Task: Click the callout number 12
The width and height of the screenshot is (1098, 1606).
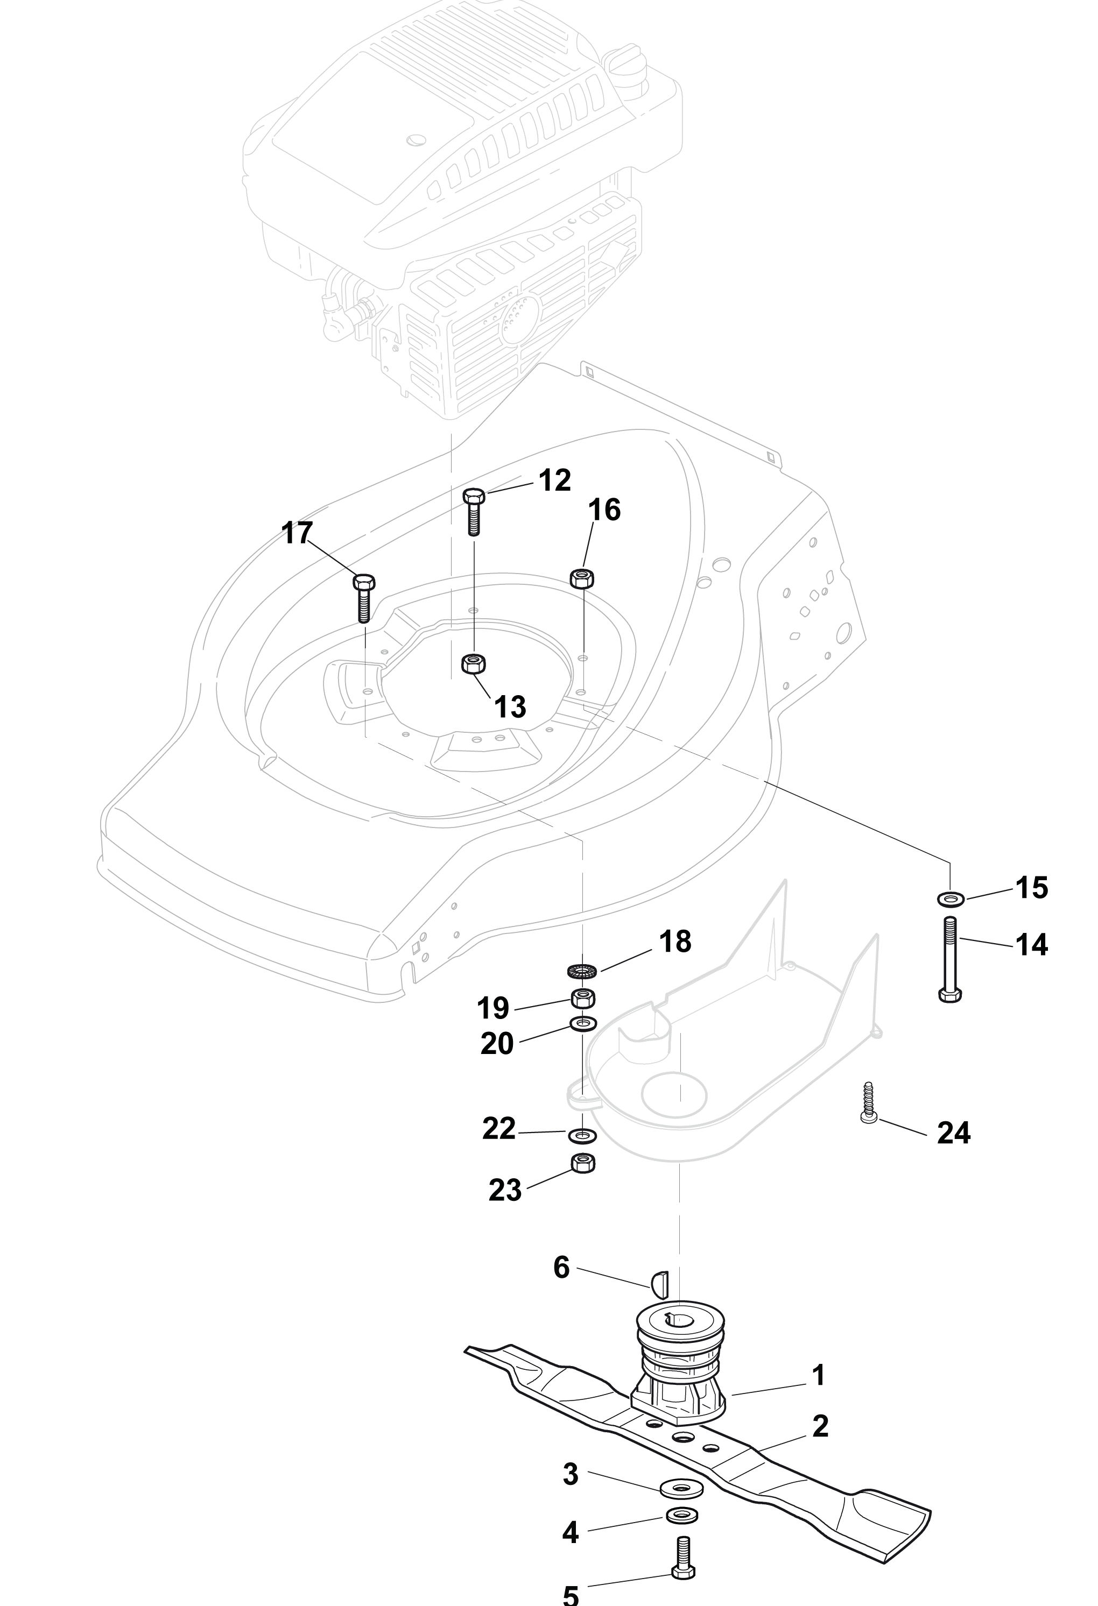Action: tap(554, 480)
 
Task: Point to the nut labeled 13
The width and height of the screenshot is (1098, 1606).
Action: tap(473, 665)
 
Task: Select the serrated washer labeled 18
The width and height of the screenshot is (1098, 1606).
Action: tap(581, 971)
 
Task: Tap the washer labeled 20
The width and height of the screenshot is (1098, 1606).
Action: tap(585, 1023)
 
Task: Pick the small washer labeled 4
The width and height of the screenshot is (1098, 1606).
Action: tap(682, 1516)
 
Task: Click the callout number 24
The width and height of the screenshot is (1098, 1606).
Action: tap(954, 1133)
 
